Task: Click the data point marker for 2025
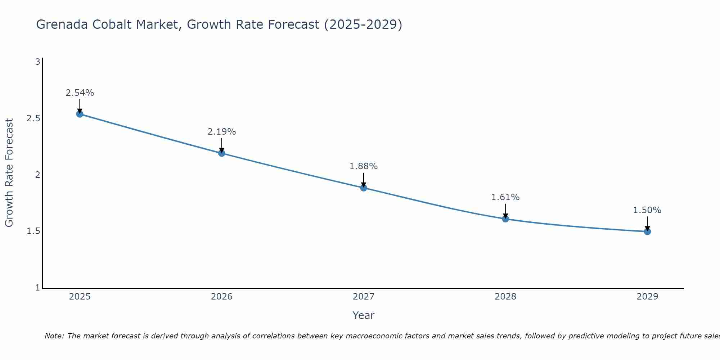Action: pyautogui.click(x=80, y=114)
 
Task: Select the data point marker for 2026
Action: pyautogui.click(x=221, y=153)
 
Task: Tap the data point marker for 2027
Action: pyautogui.click(x=363, y=188)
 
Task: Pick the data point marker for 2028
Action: pyautogui.click(x=505, y=219)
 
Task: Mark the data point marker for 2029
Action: pyautogui.click(x=647, y=231)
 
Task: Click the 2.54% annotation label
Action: pyautogui.click(x=80, y=93)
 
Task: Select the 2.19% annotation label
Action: pyautogui.click(x=221, y=132)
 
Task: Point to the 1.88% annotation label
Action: pyautogui.click(x=363, y=166)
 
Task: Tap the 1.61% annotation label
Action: pyautogui.click(x=505, y=197)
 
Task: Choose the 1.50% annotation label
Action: pyautogui.click(x=647, y=210)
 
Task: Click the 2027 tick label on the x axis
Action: pyautogui.click(x=363, y=297)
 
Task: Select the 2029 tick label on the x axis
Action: pyautogui.click(x=647, y=297)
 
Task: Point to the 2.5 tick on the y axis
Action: pyautogui.click(x=33, y=118)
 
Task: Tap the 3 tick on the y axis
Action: pyautogui.click(x=37, y=62)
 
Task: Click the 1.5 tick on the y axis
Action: pyautogui.click(x=33, y=231)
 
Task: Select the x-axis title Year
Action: pyautogui.click(x=363, y=315)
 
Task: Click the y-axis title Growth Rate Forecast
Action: pyautogui.click(x=9, y=173)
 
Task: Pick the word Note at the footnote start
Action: pyautogui.click(x=54, y=336)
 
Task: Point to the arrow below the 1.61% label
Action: pyautogui.click(x=505, y=211)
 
